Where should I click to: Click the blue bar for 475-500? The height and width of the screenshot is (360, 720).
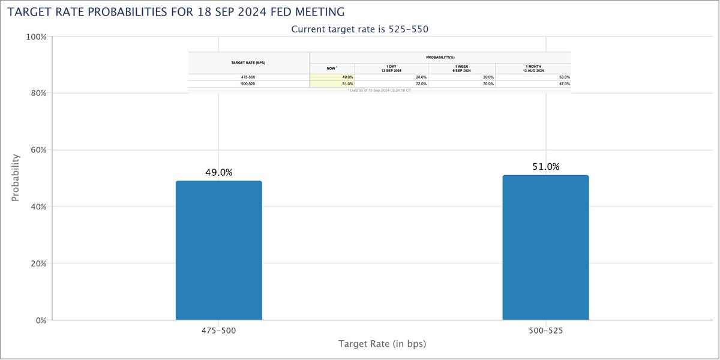click(218, 250)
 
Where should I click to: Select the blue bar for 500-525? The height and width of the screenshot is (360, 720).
click(545, 247)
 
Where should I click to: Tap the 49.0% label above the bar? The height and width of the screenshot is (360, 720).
click(218, 173)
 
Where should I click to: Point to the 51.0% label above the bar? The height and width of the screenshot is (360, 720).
click(545, 167)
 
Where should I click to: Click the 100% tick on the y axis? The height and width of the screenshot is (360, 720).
click(37, 37)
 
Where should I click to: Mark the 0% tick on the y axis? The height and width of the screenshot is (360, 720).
click(40, 320)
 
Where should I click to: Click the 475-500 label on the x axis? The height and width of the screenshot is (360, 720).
click(218, 331)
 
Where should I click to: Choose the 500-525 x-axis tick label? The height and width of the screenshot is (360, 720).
click(545, 331)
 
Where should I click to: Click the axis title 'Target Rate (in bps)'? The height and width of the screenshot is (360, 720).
click(382, 344)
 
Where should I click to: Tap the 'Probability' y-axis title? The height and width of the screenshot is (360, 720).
click(16, 178)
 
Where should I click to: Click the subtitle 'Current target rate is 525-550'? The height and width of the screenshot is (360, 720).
click(359, 29)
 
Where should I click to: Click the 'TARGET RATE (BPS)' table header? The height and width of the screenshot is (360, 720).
click(249, 62)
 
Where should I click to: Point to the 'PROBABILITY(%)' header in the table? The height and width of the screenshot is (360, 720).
click(440, 56)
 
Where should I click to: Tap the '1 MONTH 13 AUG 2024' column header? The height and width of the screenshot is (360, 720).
click(533, 68)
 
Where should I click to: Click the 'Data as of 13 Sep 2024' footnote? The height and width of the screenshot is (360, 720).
click(379, 90)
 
